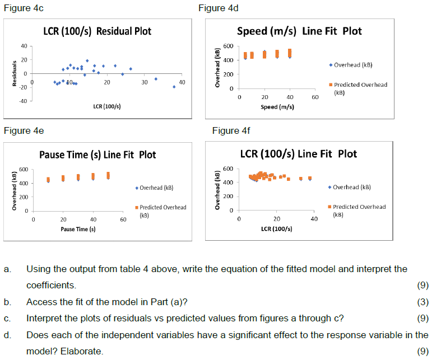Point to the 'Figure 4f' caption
coord(231,130)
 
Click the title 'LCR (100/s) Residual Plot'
coord(97,31)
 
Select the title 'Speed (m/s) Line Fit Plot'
coord(299,31)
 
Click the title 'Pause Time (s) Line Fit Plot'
coord(98,155)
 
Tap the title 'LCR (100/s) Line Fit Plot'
coord(298,153)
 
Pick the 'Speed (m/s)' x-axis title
coord(277,106)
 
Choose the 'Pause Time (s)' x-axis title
coord(78,229)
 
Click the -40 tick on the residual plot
coord(24,101)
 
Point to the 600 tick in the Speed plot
coord(228,46)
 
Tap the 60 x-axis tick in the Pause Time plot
coord(123,220)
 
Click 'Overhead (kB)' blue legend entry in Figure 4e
coord(156,188)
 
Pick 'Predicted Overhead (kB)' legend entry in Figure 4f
coord(359,210)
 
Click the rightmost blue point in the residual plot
coord(174,86)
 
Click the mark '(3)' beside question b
coord(423,302)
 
